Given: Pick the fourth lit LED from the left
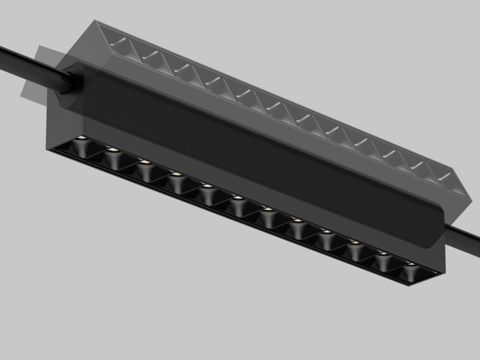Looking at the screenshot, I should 175,174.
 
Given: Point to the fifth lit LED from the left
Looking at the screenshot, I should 205,186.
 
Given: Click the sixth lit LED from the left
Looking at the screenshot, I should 236,198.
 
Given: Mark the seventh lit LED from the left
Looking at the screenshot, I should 266,209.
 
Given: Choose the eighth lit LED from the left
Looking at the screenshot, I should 296,220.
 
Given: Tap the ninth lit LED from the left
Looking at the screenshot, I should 325,232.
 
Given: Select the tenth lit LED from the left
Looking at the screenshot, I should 354,242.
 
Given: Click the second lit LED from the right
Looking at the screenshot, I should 382,254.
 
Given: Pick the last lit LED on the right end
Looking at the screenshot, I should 410,265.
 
